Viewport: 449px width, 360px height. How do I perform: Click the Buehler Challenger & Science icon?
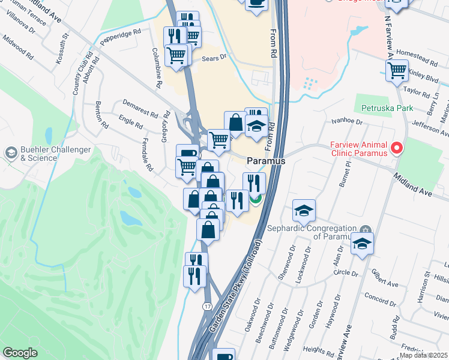[x=11, y=153]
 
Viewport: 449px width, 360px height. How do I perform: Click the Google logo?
[x=20, y=353]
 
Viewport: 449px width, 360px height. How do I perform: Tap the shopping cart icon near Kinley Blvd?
[x=397, y=70]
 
